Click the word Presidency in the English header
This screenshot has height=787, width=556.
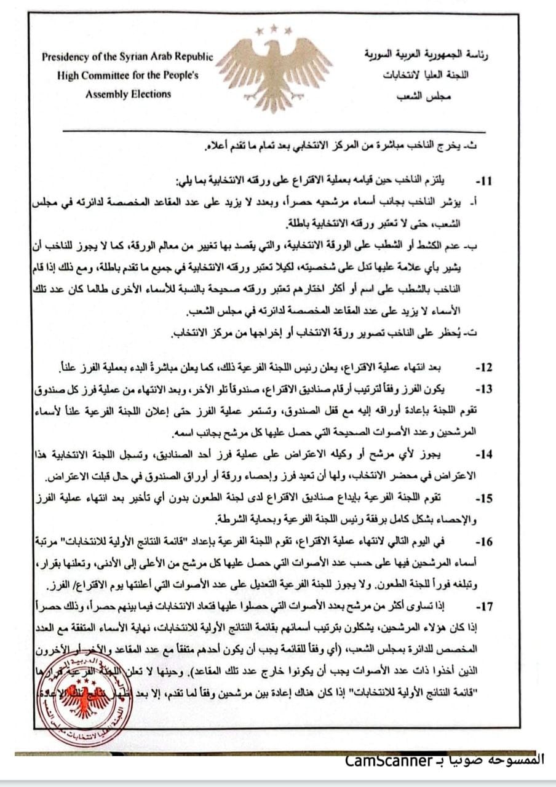68,57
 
